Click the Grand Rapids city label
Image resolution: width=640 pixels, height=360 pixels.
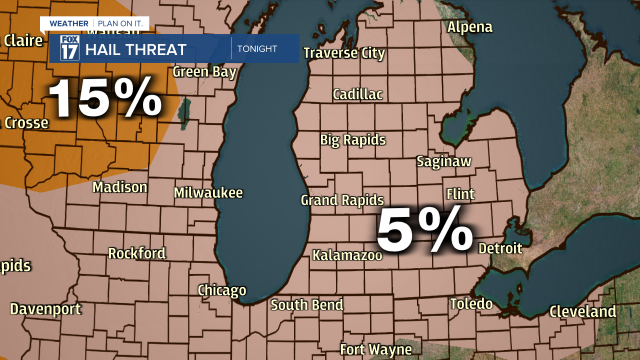[x=342, y=200]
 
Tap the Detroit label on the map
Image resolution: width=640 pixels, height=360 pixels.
[x=500, y=248]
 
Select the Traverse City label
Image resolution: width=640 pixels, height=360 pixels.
[x=344, y=53]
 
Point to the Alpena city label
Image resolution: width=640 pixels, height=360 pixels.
[x=469, y=27]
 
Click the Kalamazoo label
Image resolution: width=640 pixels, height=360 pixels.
[x=347, y=255]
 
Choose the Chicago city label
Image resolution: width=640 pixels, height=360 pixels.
[x=222, y=290]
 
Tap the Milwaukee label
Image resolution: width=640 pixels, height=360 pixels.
[x=208, y=192]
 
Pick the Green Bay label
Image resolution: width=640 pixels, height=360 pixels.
[x=204, y=72]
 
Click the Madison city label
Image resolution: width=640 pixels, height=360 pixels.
[x=120, y=187]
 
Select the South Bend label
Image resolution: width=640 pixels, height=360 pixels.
[x=307, y=304]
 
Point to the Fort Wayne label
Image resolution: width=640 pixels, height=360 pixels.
[x=376, y=349]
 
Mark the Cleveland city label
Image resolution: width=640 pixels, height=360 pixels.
[x=582, y=311]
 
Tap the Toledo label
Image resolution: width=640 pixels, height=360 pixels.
[x=471, y=303]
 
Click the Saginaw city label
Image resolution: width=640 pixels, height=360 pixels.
[x=444, y=161]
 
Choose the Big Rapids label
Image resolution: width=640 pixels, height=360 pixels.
[x=353, y=140]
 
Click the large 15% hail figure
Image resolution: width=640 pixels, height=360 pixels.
[x=105, y=98]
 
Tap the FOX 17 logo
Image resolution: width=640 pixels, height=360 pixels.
[x=69, y=48]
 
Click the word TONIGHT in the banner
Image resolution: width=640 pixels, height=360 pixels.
[x=257, y=49]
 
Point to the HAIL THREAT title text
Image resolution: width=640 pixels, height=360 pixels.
[x=135, y=49]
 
